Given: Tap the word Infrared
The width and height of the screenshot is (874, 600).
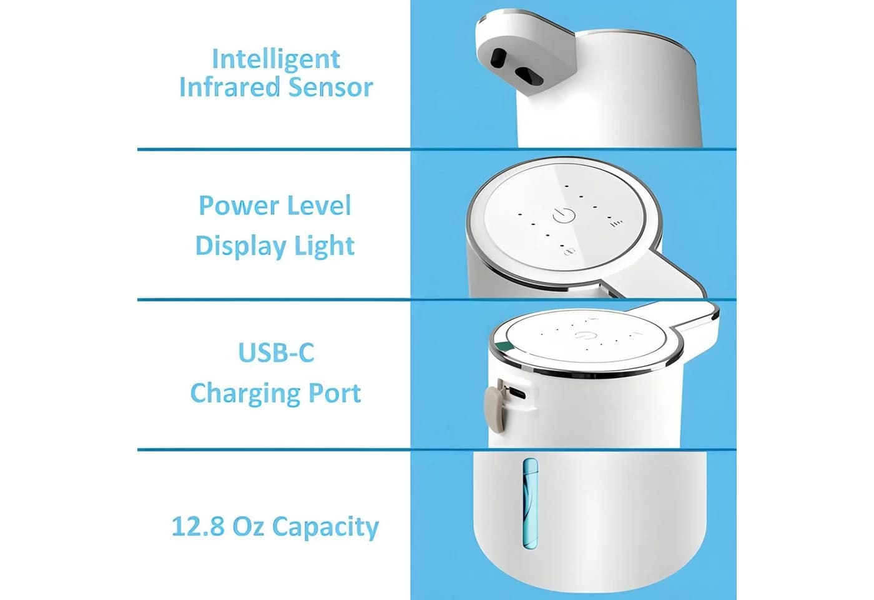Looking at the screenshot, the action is [230, 87].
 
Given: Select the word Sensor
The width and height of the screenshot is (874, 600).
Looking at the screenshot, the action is [330, 87].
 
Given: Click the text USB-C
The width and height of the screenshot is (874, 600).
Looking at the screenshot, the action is [276, 352].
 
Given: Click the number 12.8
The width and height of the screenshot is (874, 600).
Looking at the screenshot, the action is [199, 526].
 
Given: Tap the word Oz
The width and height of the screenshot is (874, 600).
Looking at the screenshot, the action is [248, 526].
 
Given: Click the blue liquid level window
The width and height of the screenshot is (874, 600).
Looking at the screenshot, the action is [530, 503].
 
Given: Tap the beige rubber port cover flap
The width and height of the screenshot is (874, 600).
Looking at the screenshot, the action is [494, 406].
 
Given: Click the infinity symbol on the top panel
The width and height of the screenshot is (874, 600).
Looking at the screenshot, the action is [569, 252].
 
